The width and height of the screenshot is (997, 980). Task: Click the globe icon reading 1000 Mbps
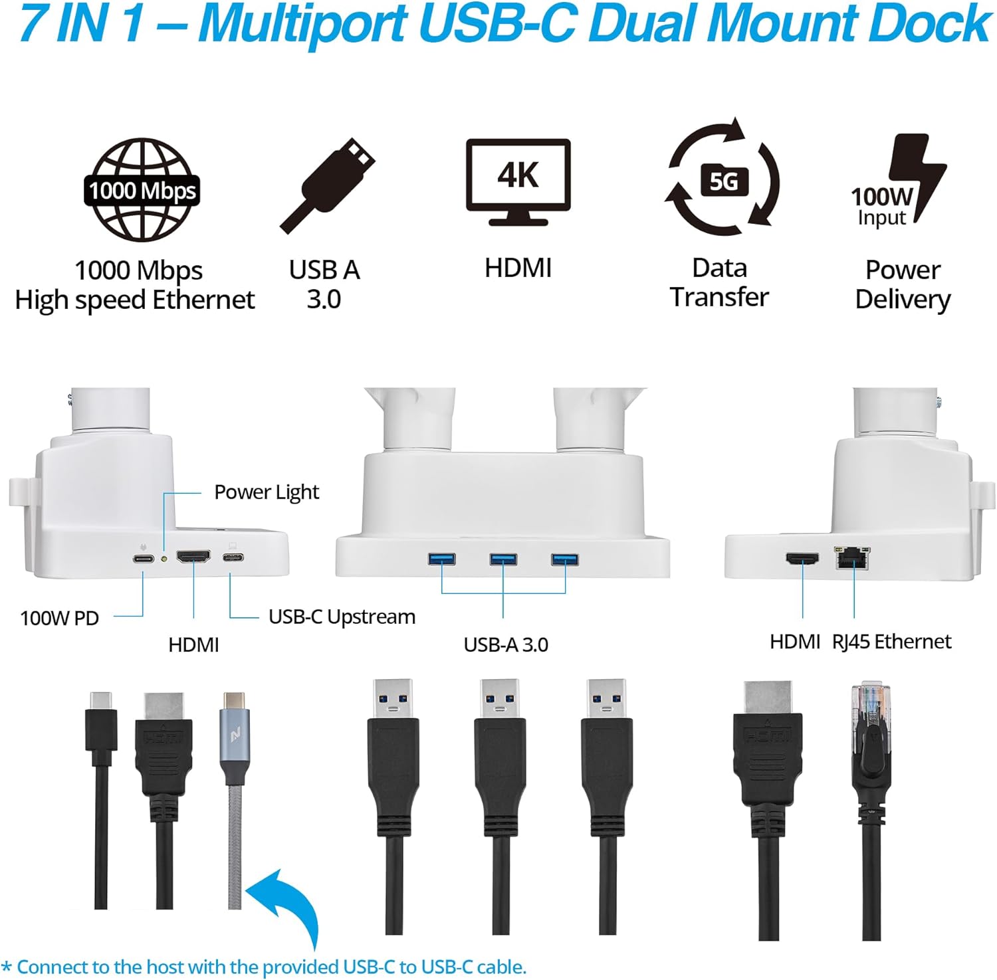pyautogui.click(x=142, y=190)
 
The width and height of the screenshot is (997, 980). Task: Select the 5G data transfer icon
pyautogui.click(x=723, y=179)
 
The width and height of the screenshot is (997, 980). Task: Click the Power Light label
pyautogui.click(x=266, y=492)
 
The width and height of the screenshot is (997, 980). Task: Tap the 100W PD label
pyautogui.click(x=59, y=618)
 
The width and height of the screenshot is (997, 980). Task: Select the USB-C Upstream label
pyautogui.click(x=342, y=617)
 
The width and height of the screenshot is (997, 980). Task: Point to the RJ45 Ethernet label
pyautogui.click(x=891, y=641)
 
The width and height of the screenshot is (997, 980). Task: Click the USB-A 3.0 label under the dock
pyautogui.click(x=506, y=644)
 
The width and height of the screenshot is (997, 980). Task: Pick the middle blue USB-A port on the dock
pyautogui.click(x=503, y=559)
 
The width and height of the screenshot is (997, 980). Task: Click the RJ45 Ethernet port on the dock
pyautogui.click(x=851, y=558)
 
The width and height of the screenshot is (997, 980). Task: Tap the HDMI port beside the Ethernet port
pyautogui.click(x=803, y=559)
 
